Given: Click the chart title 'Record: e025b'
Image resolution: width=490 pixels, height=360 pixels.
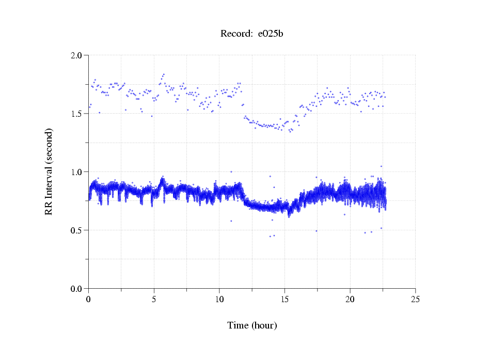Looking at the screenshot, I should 251,34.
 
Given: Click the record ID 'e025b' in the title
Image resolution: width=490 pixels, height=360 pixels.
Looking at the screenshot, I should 271,34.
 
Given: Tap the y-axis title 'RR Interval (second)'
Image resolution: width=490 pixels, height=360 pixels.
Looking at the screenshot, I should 49,171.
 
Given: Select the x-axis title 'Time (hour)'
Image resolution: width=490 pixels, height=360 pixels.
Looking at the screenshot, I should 252,325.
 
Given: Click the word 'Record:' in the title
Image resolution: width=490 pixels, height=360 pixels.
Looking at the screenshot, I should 236,34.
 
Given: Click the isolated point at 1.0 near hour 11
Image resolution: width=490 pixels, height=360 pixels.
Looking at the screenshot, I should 231,171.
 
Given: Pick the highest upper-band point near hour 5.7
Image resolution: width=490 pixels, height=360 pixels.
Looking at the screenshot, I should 164,74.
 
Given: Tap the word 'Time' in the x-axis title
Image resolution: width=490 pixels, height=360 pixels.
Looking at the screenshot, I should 238,325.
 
